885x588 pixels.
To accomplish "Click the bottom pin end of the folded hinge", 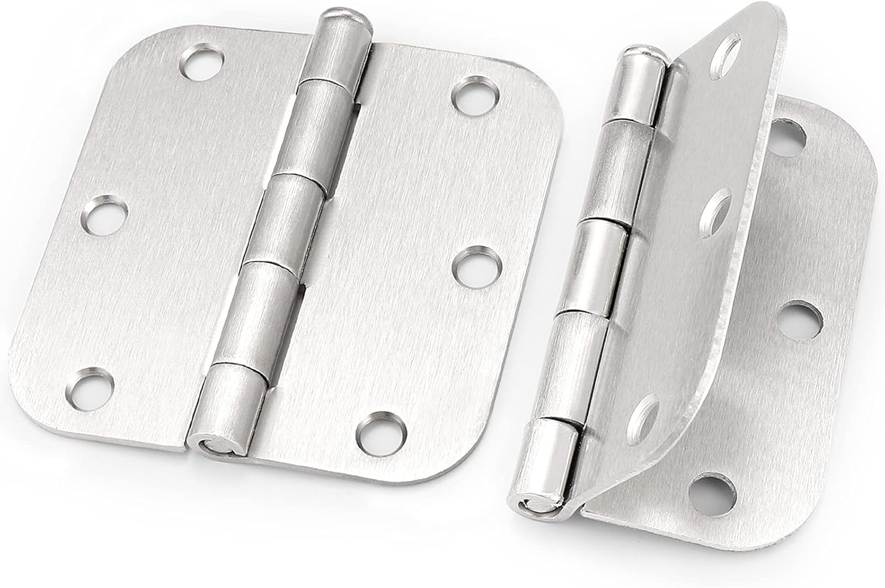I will click(527, 504).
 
